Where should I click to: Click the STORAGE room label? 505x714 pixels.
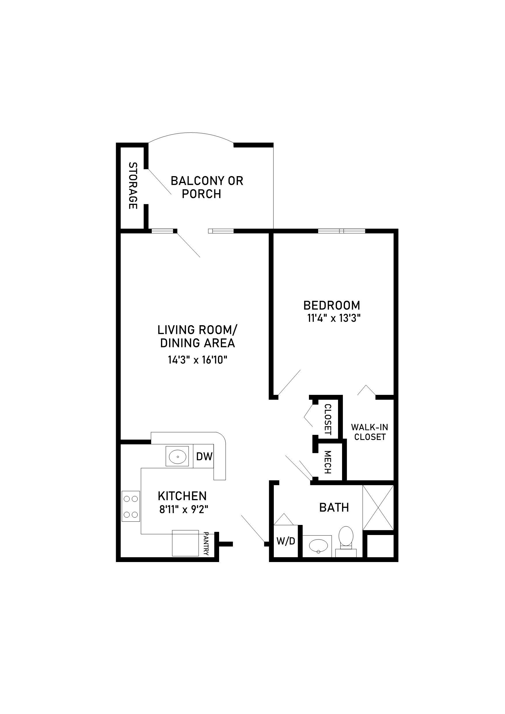click(x=133, y=186)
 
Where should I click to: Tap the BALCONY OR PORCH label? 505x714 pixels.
click(x=207, y=187)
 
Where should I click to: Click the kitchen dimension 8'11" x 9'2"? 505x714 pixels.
click(x=184, y=509)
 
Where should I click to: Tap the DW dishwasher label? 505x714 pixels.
click(x=204, y=456)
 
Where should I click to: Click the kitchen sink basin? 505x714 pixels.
click(x=177, y=456)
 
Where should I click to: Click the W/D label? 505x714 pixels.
click(x=286, y=541)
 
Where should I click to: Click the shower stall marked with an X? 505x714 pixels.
click(x=378, y=507)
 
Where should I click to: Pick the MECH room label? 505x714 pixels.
click(x=328, y=462)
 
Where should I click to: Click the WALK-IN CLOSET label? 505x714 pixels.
click(x=370, y=432)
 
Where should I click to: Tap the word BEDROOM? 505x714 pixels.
click(x=332, y=305)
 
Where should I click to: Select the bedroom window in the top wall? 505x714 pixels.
click(x=341, y=231)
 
